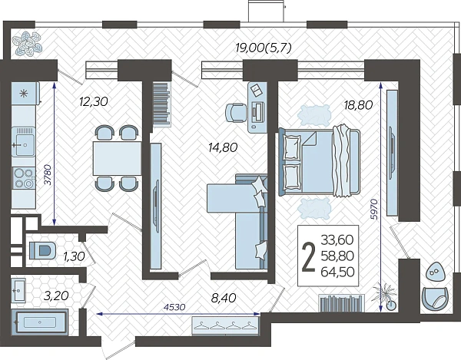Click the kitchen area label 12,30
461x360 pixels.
[94, 101]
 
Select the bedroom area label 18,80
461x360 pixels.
[358, 105]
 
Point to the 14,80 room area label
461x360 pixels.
[223, 147]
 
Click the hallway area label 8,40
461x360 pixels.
[224, 298]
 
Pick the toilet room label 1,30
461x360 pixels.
[74, 256]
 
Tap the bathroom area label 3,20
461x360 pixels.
[56, 296]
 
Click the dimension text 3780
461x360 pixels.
[48, 174]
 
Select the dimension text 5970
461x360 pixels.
[373, 210]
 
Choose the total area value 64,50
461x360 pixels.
[337, 272]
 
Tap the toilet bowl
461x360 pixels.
[43, 251]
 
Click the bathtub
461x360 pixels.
[40, 322]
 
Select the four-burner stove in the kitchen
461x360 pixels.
[24, 178]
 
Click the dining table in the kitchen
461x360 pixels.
[118, 159]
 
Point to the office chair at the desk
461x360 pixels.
[236, 113]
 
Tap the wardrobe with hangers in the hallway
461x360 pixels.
[225, 325]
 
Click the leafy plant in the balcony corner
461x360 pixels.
[27, 44]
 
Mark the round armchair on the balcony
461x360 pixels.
[436, 298]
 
